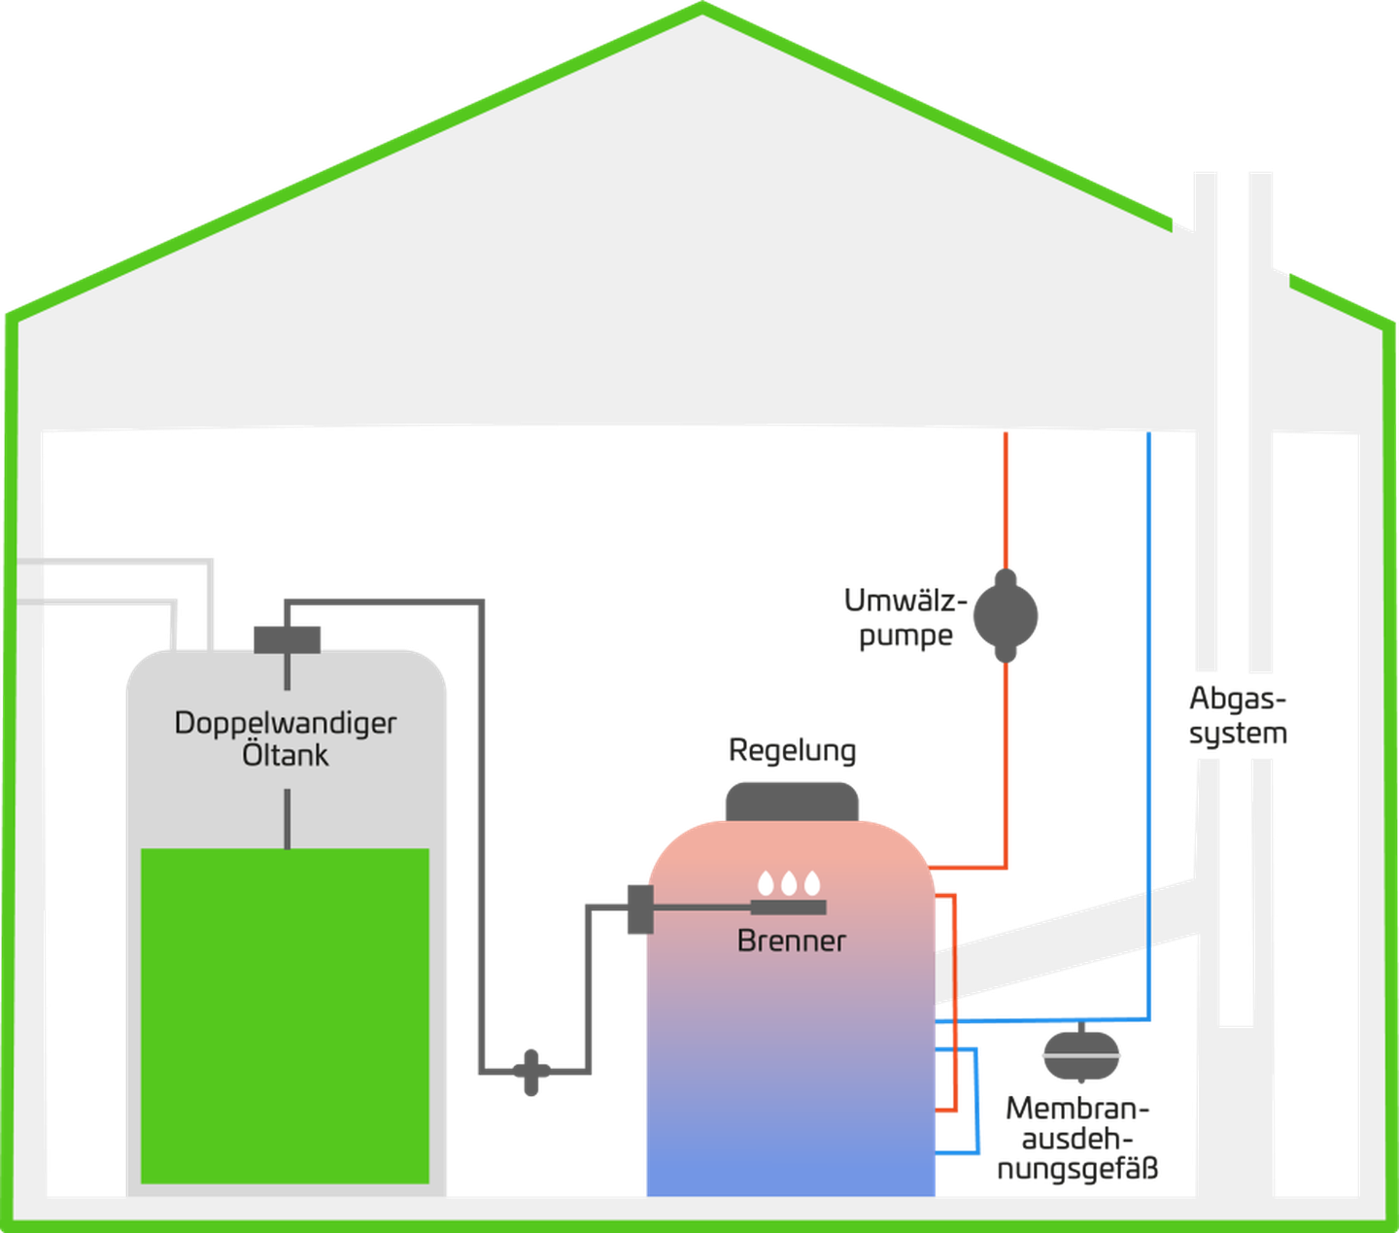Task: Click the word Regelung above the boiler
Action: point(792,751)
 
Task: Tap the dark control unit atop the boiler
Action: point(792,802)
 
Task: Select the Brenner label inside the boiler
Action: point(792,941)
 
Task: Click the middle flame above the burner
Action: point(789,883)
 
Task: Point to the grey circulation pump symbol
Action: point(1006,615)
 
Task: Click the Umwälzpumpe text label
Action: point(905,618)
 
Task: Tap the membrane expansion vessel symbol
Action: point(1080,1052)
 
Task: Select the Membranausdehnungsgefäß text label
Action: point(1077,1139)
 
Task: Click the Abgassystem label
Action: point(1238,716)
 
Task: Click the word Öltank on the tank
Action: point(286,754)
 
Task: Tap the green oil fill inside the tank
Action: point(286,1016)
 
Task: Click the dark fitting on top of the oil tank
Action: point(288,639)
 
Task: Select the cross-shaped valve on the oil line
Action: point(531,1072)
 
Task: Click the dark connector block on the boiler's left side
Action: point(641,909)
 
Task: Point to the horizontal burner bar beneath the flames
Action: point(789,907)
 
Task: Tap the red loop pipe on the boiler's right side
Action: point(955,1003)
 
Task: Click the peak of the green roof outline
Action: point(702,7)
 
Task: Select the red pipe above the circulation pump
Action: point(1006,500)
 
